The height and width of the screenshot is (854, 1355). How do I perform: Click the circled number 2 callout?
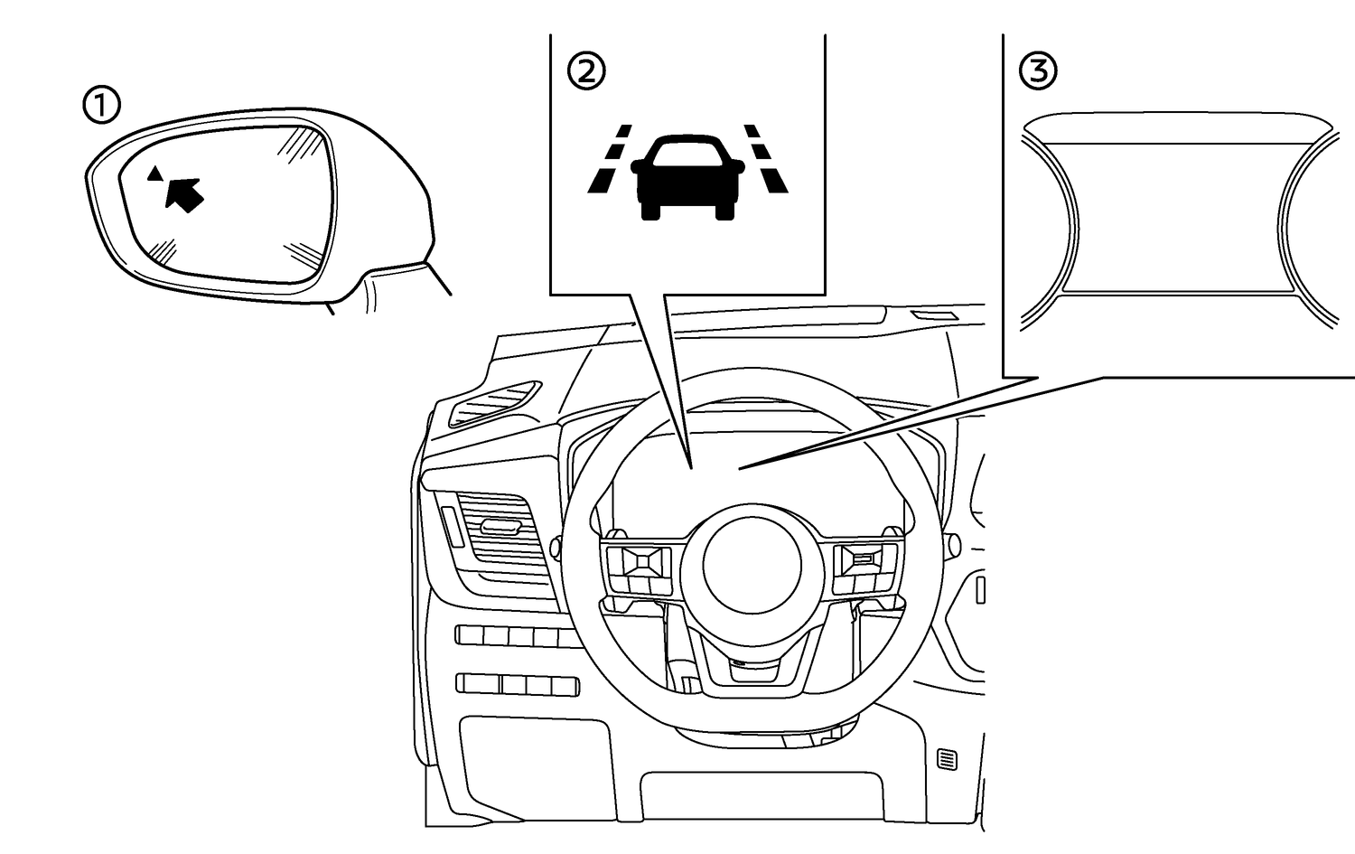click(586, 70)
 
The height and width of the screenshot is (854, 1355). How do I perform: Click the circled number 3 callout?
click(1038, 70)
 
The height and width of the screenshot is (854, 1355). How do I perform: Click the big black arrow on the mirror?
click(184, 193)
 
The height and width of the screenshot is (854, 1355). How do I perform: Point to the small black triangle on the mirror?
click(155, 172)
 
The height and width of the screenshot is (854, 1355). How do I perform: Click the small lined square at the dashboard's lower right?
click(947, 759)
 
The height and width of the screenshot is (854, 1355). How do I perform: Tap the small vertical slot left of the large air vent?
click(450, 529)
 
